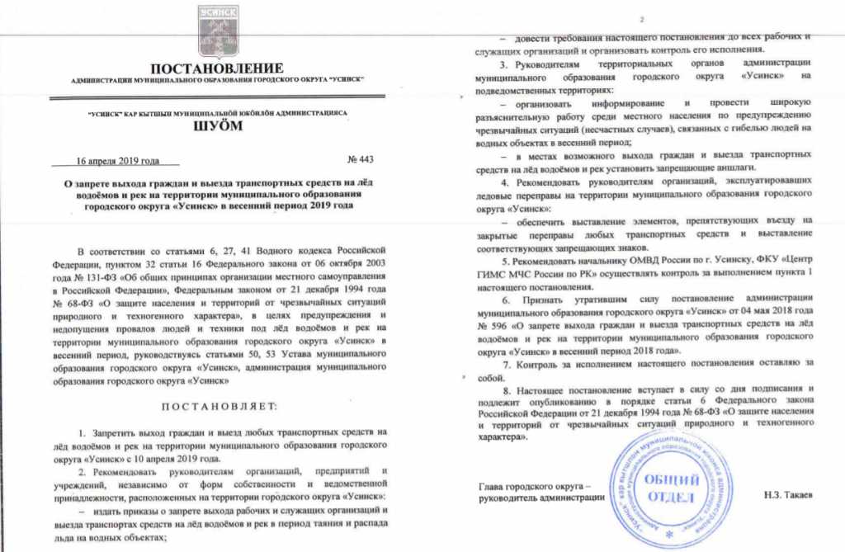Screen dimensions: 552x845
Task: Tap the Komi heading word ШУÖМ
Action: pyautogui.click(x=218, y=126)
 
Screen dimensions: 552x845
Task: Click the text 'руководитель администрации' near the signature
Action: pyautogui.click(x=537, y=498)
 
